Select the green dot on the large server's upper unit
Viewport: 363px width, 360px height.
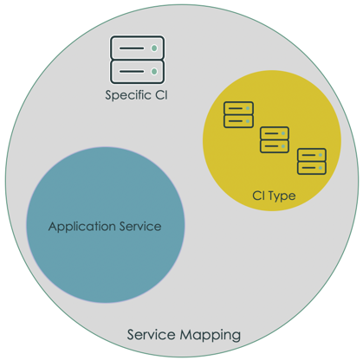tap(154, 48)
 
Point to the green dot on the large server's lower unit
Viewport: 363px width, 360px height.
tap(154, 71)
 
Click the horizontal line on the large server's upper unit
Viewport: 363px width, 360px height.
tap(132, 48)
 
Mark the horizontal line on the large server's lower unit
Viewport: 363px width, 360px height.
tap(132, 71)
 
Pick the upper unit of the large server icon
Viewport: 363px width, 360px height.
tap(137, 48)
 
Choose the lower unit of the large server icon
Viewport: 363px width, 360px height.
tap(137, 72)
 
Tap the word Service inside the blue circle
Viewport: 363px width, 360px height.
tap(140, 226)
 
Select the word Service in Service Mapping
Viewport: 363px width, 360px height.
tap(152, 335)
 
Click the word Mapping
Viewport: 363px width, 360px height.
tap(211, 336)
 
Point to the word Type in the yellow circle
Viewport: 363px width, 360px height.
tap(282, 196)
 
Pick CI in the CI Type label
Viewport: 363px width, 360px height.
tap(258, 196)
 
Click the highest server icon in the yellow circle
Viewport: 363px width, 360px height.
tap(239, 114)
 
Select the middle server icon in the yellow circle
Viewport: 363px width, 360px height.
tap(275, 139)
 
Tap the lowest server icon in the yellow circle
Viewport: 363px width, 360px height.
tap(312, 161)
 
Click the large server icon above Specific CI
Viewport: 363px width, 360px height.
tap(137, 60)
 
